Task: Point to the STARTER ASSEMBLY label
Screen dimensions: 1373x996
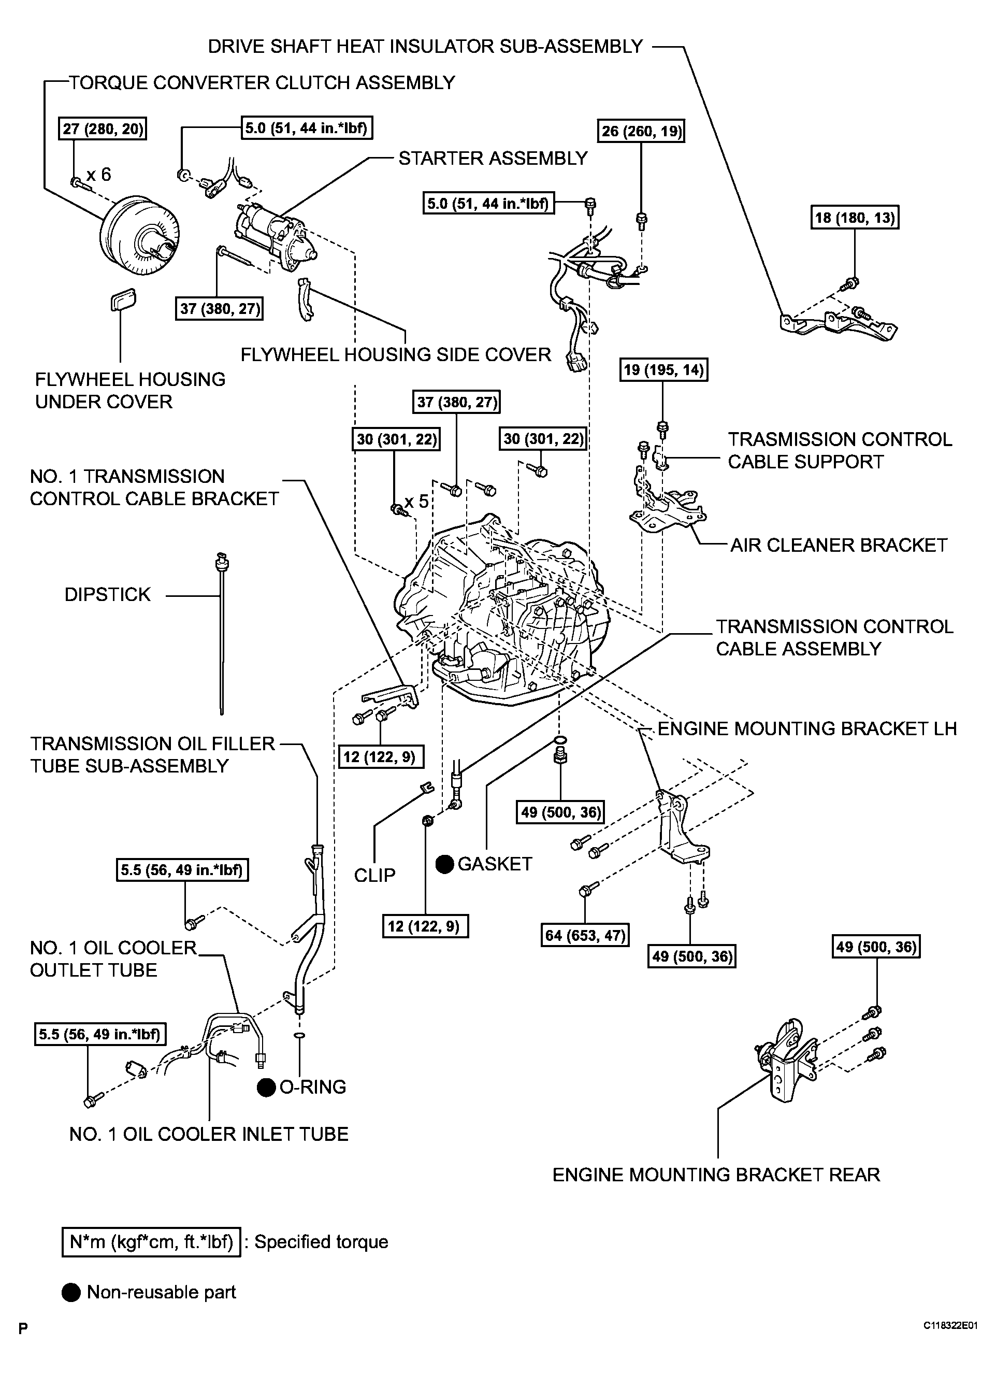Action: pyautogui.click(x=493, y=159)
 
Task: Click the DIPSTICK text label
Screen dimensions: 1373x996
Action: pyautogui.click(x=107, y=594)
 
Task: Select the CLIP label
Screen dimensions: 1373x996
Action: pyautogui.click(x=374, y=876)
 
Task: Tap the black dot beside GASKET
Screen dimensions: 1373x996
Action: pyautogui.click(x=445, y=864)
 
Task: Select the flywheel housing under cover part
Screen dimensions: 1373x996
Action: pyautogui.click(x=123, y=299)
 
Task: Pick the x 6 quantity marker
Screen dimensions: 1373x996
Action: pyautogui.click(x=98, y=175)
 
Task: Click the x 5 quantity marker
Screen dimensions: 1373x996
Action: pyautogui.click(x=416, y=501)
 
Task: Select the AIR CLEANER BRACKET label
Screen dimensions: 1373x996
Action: pyautogui.click(x=839, y=546)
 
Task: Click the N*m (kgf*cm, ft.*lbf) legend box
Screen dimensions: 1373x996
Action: pyautogui.click(x=151, y=1242)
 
